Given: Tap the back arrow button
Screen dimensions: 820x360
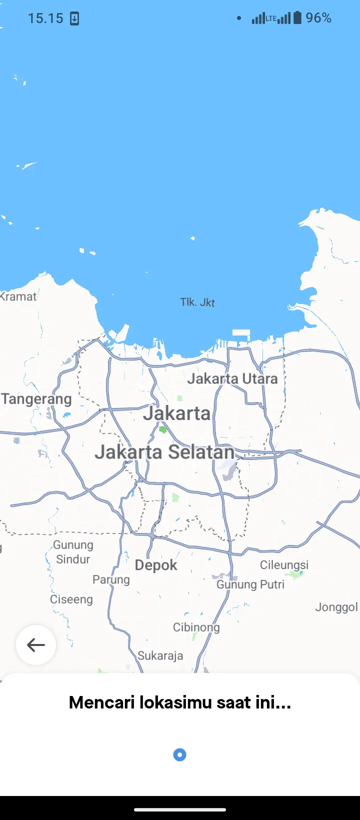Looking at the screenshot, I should (36, 645).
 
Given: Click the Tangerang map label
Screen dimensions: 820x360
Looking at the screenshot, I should (36, 399).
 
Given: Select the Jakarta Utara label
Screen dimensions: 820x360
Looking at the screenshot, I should (232, 378).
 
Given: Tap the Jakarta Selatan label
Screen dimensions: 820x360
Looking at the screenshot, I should (164, 452).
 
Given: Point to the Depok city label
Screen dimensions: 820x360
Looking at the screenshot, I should (156, 565).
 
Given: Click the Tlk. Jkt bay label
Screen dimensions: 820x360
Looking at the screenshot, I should (197, 302).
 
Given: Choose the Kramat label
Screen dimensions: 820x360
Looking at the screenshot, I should (19, 296).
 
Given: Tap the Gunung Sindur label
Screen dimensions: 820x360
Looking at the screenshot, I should (73, 552).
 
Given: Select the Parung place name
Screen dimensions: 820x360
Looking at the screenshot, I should (111, 579).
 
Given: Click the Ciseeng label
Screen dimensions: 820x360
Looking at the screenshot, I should (71, 599).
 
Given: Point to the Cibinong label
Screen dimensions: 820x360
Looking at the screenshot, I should (196, 627).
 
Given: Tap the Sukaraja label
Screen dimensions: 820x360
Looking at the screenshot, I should (160, 655).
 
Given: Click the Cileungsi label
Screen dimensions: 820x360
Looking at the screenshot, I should (284, 565).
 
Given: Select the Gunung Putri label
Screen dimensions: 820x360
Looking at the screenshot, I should (250, 584).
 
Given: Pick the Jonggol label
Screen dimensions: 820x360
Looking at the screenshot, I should (336, 607).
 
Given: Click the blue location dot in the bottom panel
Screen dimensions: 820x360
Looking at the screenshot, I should (179, 754).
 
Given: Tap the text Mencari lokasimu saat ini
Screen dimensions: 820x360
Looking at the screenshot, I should (180, 702).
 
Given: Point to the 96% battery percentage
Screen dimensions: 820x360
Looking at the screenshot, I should (318, 18).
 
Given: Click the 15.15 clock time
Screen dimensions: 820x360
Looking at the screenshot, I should (45, 18).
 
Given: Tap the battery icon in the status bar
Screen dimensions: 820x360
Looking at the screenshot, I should (297, 18).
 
